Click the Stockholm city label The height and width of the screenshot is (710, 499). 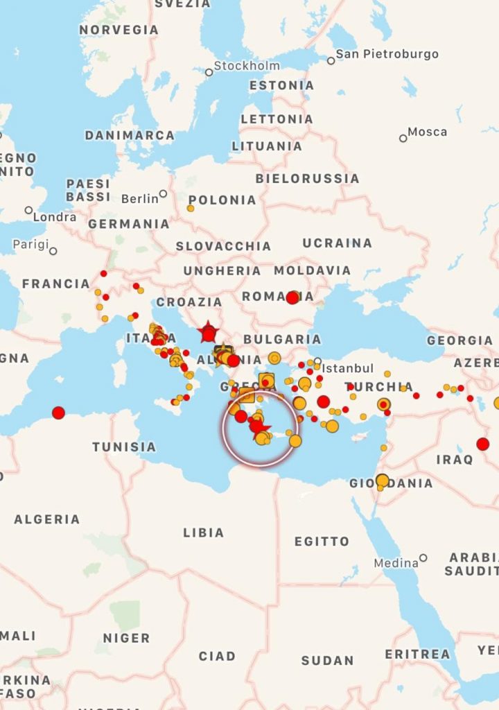(x=247, y=66)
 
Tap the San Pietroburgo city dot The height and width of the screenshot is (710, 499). (x=331, y=60)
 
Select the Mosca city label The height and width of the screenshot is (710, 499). (x=427, y=132)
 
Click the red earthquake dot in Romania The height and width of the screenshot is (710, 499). (x=292, y=297)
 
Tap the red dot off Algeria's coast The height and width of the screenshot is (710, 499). (x=58, y=413)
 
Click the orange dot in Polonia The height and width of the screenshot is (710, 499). (x=191, y=208)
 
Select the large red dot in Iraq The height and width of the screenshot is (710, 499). (x=483, y=444)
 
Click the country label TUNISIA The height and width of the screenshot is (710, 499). (x=124, y=447)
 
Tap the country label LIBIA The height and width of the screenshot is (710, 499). (x=203, y=532)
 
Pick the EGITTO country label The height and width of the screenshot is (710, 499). (x=322, y=542)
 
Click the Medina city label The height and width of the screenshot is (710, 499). (x=396, y=563)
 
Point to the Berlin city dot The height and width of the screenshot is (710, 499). (x=163, y=194)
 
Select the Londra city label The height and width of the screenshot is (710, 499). (x=55, y=217)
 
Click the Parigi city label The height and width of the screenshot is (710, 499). (x=31, y=245)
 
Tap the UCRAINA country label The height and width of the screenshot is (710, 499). (x=337, y=243)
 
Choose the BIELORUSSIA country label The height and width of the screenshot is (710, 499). (x=307, y=178)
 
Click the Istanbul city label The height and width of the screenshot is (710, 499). (x=348, y=368)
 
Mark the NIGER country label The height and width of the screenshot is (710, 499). (x=125, y=638)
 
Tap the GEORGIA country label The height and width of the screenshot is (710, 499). (x=459, y=340)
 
